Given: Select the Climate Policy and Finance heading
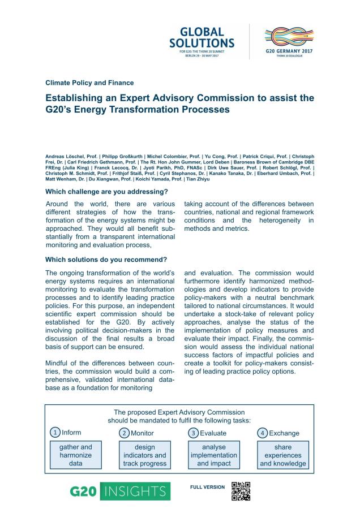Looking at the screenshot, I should tap(89, 83).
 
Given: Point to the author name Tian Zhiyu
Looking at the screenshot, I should tap(199, 179).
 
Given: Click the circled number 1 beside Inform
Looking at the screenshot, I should tap(55, 433).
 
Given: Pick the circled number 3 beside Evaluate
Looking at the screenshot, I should tap(194, 433).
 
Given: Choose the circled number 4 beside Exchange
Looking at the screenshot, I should tap(263, 433).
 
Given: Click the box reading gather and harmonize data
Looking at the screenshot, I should tap(72, 455).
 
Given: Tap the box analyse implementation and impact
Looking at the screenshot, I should tap(214, 455).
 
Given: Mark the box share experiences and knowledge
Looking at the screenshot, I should tap(283, 455).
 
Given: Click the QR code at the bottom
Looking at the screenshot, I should tap(241, 491).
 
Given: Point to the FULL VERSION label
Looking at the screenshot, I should tap(207, 487).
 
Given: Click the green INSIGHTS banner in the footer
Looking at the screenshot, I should tap(135, 491).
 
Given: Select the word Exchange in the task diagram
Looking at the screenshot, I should tap(284, 433).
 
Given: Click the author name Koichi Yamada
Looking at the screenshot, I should tap(162, 179).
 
